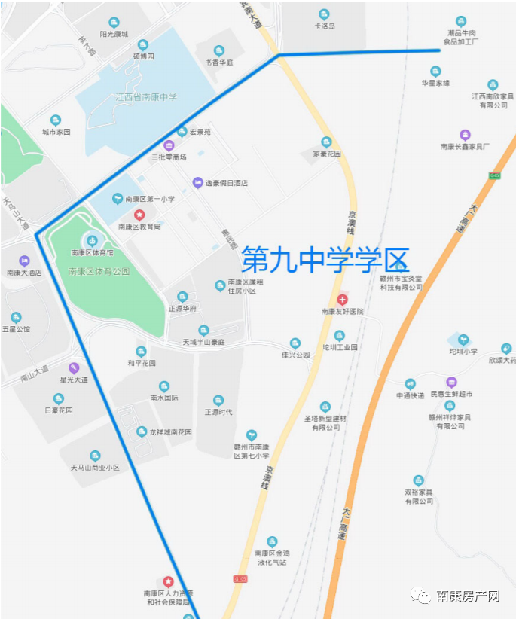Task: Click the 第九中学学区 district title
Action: click(325, 261)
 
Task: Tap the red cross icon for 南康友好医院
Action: click(343, 300)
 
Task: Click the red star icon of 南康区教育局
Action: click(139, 215)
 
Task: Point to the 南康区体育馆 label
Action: click(92, 253)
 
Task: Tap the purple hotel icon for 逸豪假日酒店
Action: click(197, 182)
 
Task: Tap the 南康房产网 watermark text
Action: click(467, 596)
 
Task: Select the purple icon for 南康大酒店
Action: click(23, 261)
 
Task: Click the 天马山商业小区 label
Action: click(95, 468)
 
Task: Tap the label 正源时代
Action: click(218, 412)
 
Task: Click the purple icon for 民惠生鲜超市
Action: click(451, 382)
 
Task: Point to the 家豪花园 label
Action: click(327, 154)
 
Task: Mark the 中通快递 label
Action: click(410, 395)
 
